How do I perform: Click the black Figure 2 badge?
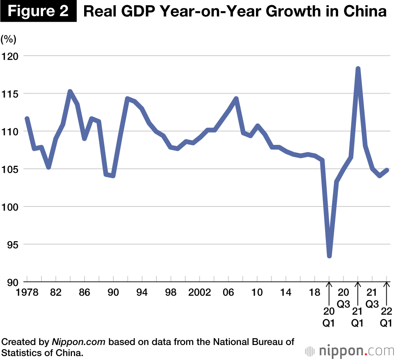pyautogui.click(x=38, y=11)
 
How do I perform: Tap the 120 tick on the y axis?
pyautogui.click(x=10, y=56)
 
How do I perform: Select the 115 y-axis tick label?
pyautogui.click(x=10, y=94)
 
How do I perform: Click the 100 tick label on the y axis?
pyautogui.click(x=10, y=207)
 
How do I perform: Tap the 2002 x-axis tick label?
pyautogui.click(x=199, y=293)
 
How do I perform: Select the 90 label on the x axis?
pyautogui.click(x=113, y=293)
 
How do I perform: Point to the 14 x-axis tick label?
pyautogui.click(x=286, y=293)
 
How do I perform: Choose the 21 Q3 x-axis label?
pyautogui.click(x=372, y=298)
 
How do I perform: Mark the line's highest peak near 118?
pyautogui.click(x=358, y=69)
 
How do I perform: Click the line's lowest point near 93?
pyautogui.click(x=329, y=256)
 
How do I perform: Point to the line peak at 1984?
pyautogui.click(x=70, y=92)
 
